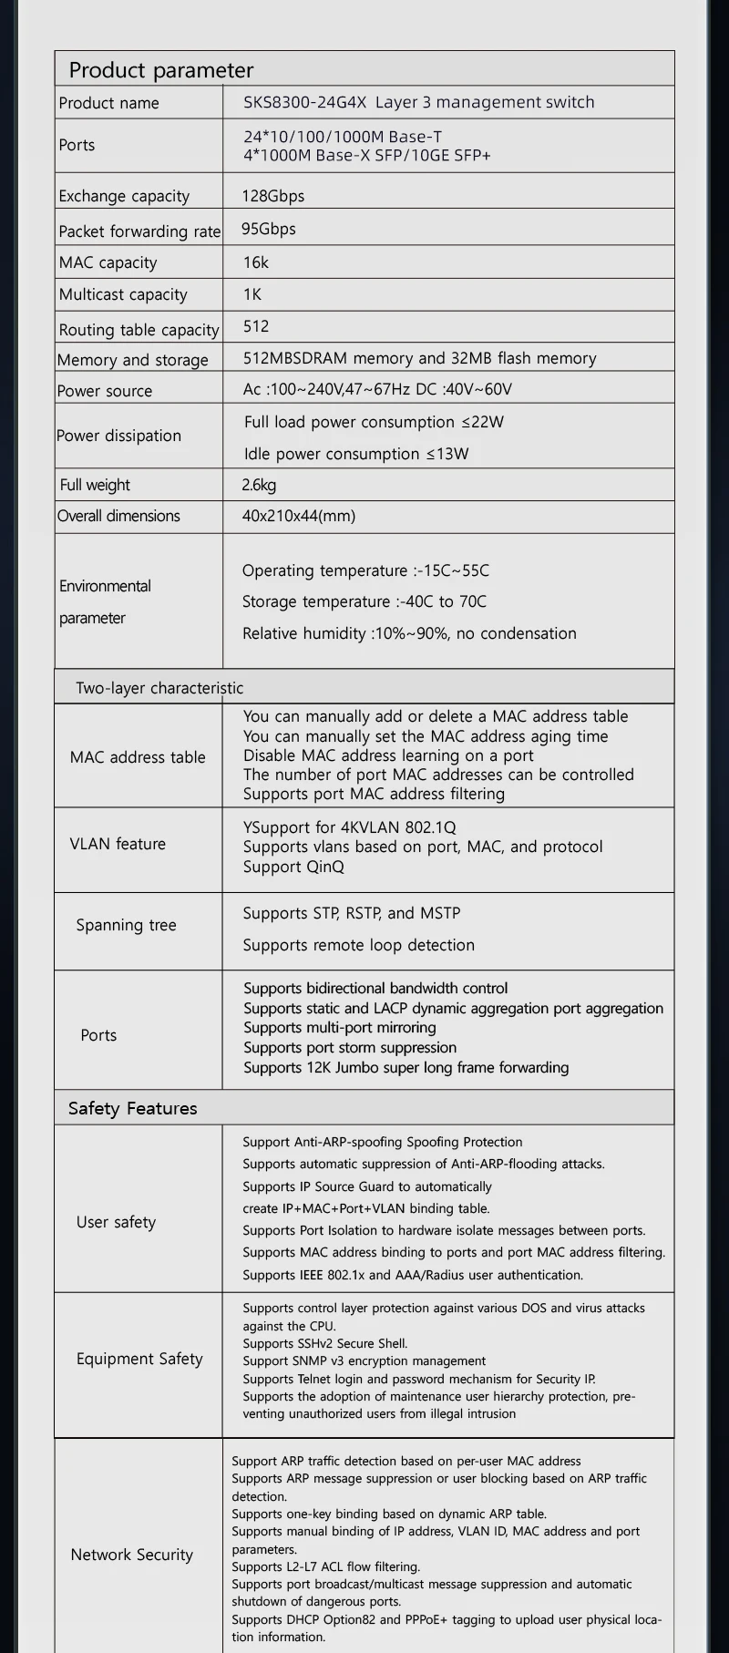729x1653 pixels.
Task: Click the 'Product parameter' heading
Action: coord(161,70)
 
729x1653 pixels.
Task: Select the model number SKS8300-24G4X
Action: coord(304,102)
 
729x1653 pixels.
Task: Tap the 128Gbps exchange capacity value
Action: coord(273,196)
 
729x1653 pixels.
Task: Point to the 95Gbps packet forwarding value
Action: coord(269,229)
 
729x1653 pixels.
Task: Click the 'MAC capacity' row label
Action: coord(108,262)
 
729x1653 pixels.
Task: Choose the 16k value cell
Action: coord(256,262)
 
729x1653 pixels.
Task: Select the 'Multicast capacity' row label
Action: coord(123,294)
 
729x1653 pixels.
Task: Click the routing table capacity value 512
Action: coord(256,326)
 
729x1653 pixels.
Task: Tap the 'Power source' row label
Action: coord(105,391)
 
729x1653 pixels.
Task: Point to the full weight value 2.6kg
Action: coord(259,485)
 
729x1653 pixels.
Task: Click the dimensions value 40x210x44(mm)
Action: coord(299,516)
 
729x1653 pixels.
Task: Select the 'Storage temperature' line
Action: coord(364,601)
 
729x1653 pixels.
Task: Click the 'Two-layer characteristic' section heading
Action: coord(159,688)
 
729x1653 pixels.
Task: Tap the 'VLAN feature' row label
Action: coord(118,844)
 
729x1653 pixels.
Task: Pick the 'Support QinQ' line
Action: coord(293,867)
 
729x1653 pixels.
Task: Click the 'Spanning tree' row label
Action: coord(126,925)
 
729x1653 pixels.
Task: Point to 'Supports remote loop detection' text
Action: coord(358,945)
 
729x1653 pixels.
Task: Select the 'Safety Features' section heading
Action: coord(133,1108)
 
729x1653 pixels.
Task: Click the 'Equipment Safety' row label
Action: coord(139,1359)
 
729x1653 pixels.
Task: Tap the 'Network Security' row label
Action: coord(132,1555)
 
